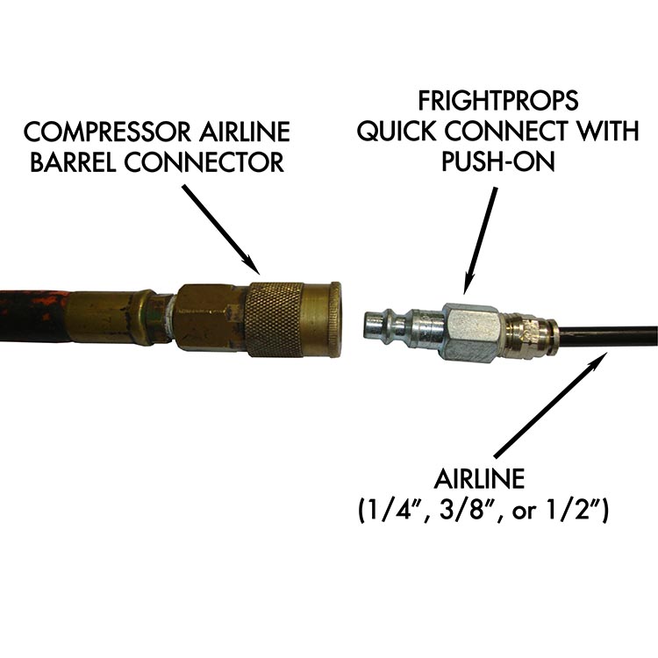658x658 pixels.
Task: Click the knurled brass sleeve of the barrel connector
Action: tap(274, 318)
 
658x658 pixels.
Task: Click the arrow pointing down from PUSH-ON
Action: tap(481, 238)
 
